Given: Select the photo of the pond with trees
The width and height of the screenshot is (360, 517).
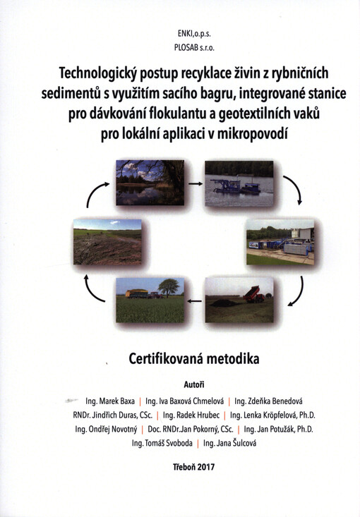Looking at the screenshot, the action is [x=149, y=182].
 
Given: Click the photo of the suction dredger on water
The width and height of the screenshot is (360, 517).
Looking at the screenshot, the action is [x=239, y=182].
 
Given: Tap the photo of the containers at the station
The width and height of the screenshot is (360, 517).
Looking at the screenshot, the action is [x=280, y=243].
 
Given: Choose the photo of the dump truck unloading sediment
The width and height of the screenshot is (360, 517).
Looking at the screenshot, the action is [x=239, y=300].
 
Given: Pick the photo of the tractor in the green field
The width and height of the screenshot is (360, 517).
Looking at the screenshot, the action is [x=149, y=300].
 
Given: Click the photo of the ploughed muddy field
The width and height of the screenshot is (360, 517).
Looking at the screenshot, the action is [x=107, y=243].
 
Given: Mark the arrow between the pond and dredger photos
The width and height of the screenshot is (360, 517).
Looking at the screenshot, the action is [x=194, y=181].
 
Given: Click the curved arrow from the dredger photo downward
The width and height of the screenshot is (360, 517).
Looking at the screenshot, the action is [x=294, y=188].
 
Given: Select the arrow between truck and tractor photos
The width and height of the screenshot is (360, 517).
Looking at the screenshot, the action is [x=194, y=299].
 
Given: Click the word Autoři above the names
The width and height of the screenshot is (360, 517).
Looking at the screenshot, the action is [x=194, y=384].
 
